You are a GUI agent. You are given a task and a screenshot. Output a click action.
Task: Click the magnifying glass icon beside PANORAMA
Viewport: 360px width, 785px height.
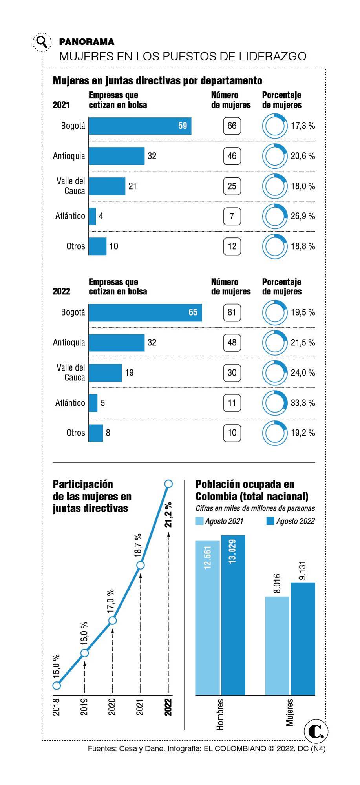point(41,42)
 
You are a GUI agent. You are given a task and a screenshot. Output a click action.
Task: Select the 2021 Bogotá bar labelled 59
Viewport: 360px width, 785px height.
point(140,126)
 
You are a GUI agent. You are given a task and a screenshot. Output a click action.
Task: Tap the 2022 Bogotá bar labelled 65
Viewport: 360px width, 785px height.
point(145,312)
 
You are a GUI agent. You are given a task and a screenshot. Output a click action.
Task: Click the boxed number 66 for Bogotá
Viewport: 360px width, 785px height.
point(232,126)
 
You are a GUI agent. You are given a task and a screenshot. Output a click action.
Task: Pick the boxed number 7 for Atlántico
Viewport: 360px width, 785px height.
point(232,216)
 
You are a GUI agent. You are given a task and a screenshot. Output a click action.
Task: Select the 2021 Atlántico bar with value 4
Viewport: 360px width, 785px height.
point(92,216)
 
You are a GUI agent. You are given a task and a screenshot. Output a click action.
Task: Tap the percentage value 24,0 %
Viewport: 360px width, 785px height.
point(303,373)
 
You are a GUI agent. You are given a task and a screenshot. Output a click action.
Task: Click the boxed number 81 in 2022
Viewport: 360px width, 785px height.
point(232,312)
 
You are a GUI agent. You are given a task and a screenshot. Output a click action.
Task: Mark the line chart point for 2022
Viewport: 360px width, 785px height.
point(168,484)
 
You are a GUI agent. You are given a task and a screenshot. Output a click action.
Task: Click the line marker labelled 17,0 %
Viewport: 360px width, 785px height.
point(113,621)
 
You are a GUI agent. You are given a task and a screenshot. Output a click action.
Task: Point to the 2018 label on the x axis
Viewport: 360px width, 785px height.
point(57,706)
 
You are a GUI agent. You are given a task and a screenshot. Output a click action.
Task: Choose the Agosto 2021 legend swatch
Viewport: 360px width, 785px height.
point(200,521)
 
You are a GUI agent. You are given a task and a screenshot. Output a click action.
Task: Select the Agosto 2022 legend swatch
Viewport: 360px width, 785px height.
point(270,521)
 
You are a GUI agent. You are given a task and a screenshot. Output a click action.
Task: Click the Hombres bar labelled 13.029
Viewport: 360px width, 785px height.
point(233,616)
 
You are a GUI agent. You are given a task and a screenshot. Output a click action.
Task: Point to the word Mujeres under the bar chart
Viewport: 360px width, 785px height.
point(290,712)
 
